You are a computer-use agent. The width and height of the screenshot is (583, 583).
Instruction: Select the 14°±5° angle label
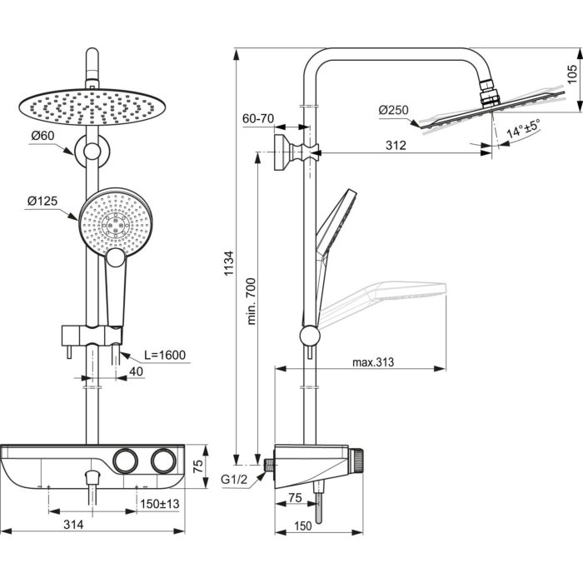[x=516, y=130]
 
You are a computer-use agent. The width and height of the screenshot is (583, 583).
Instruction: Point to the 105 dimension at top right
[x=571, y=77]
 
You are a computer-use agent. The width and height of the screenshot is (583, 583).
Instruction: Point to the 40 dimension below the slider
[x=135, y=372]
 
